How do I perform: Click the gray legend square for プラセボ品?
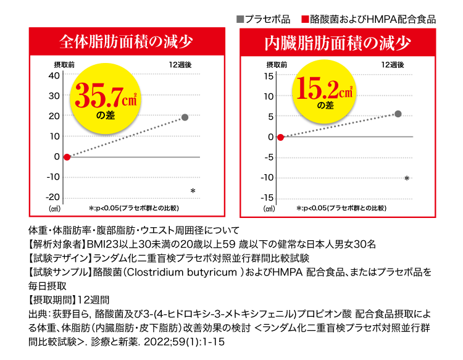241,19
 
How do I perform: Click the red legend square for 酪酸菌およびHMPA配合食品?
304,19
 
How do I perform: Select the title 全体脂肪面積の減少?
126,42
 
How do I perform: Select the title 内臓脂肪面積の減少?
337,43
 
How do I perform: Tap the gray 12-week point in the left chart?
185,117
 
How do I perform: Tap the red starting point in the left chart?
67,157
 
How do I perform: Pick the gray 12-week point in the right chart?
398,114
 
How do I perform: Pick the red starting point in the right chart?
281,137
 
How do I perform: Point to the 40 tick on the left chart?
54,75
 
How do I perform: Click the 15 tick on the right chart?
269,75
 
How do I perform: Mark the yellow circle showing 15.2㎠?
325,90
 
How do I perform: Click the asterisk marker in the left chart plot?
193,191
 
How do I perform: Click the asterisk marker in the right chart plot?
407,179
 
